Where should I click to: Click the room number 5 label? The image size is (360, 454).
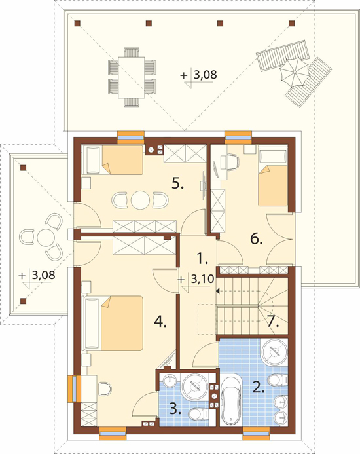177,183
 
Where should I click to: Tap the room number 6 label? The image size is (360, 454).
257,239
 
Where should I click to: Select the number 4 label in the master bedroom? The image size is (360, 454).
160,321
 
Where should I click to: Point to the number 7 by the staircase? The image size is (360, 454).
273,321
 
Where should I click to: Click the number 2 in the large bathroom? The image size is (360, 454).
259,387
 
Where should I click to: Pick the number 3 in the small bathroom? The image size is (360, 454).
175,409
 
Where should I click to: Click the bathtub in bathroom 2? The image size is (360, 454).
231,400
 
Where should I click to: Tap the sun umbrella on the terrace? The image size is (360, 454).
294,72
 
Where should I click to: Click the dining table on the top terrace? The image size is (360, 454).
132,77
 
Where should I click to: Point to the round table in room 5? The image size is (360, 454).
140,200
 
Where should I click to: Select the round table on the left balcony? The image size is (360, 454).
46,237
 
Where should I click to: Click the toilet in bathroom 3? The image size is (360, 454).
198,414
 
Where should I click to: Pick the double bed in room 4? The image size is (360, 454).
113,323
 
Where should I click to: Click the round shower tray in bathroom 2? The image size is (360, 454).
274,351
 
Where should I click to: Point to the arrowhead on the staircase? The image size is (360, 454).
217,290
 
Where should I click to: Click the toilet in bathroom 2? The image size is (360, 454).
278,379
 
